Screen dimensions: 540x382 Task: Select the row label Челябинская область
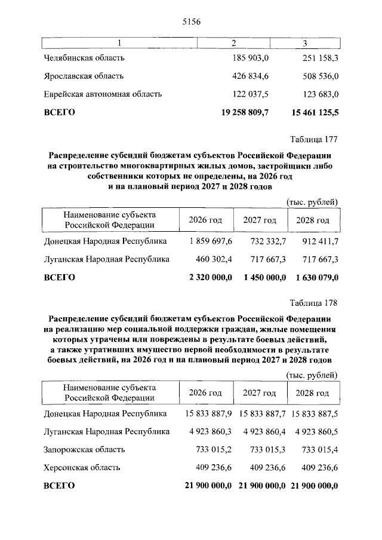click(x=84, y=59)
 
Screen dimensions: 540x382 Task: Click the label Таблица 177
click(x=314, y=140)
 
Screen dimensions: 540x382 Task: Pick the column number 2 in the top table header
click(x=234, y=43)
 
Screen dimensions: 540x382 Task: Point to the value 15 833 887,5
click(x=314, y=413)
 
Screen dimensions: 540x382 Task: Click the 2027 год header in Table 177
click(x=260, y=220)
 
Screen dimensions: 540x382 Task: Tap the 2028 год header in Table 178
click(x=313, y=393)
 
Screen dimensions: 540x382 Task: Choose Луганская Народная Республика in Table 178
click(x=106, y=431)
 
